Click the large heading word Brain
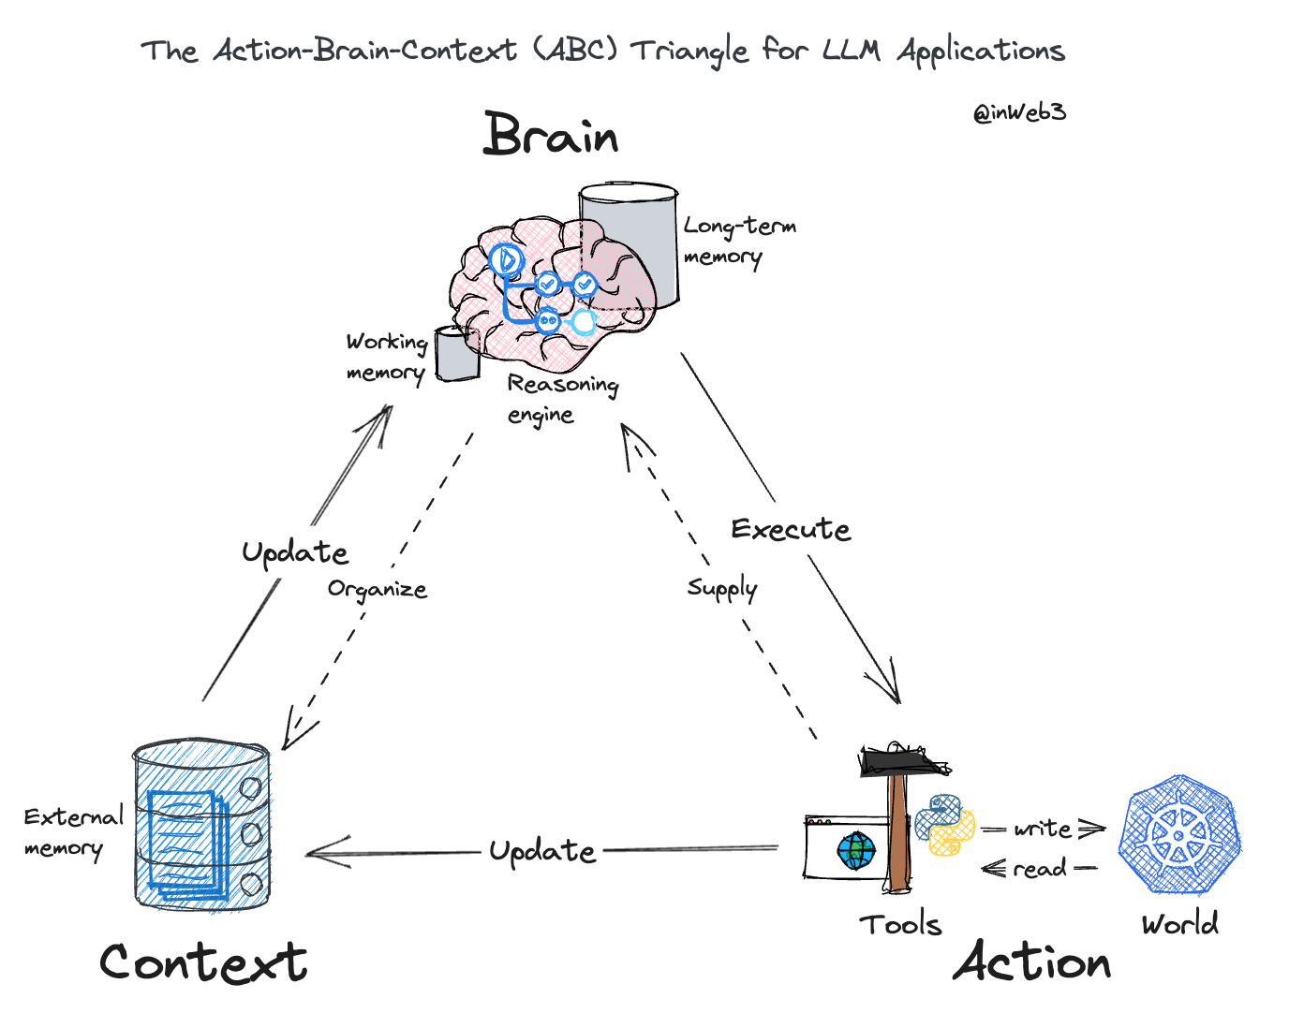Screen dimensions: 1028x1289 (551, 135)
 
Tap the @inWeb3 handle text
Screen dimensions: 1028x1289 (1019, 113)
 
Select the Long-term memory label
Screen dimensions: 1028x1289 (738, 241)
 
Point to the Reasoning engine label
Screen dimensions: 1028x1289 (561, 399)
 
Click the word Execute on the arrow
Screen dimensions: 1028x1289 (791, 530)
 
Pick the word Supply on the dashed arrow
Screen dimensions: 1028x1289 (721, 588)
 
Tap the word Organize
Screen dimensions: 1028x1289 (377, 590)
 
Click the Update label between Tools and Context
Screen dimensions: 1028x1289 (542, 851)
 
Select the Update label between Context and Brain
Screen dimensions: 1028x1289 (295, 552)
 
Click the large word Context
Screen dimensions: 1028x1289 (203, 962)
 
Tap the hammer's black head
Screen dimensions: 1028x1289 (903, 760)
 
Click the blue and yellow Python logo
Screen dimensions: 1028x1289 (944, 824)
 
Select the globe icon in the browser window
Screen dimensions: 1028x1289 (856, 851)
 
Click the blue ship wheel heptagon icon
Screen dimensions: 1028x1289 (1179, 833)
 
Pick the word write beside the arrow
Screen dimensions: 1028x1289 (1042, 829)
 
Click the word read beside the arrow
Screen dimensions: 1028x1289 (1039, 869)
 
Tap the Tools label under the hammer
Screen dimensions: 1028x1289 (900, 925)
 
